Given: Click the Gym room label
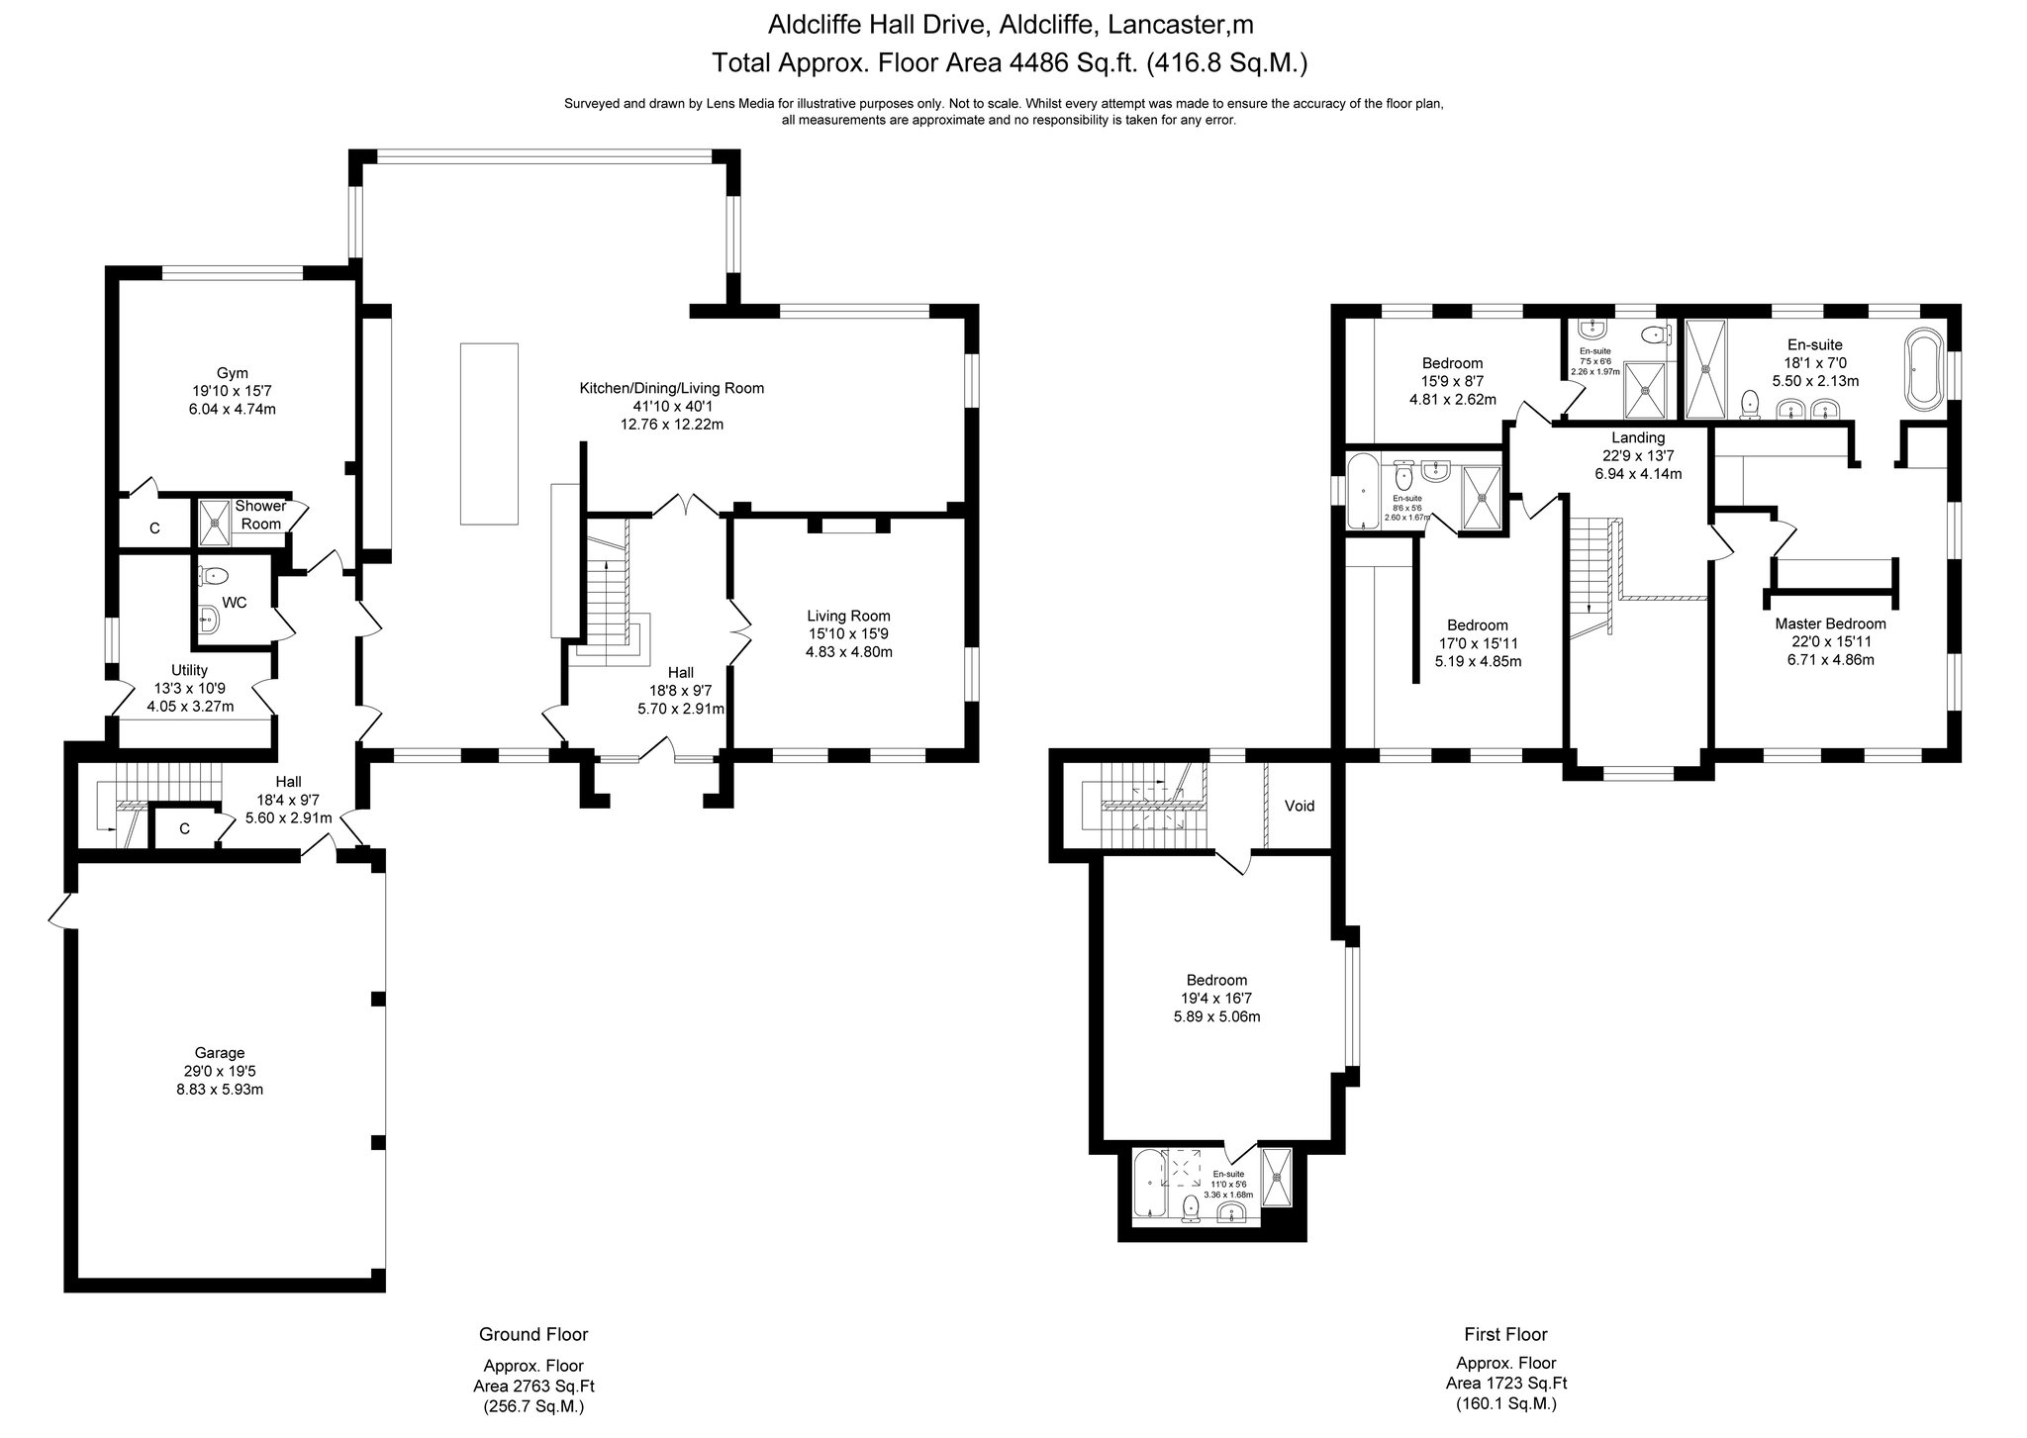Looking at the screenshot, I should click(x=232, y=373).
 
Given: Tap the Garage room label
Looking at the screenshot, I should click(x=220, y=1053).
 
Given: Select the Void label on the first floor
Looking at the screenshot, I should click(x=1299, y=806).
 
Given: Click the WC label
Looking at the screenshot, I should click(x=235, y=602).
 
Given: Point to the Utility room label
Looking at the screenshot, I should click(x=189, y=670).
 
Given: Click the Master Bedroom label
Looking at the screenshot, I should click(x=1830, y=623).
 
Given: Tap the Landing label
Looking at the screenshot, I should click(x=1638, y=437).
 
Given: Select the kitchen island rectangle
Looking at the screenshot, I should click(x=489, y=432).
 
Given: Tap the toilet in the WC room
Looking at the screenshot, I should click(x=214, y=575).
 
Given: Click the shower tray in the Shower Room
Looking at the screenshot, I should click(x=213, y=522).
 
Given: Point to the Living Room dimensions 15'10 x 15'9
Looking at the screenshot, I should click(x=848, y=633).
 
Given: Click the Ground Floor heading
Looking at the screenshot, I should click(x=533, y=1334).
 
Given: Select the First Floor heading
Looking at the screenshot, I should click(x=1505, y=1334).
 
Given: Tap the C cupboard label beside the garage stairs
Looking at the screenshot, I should click(x=184, y=829).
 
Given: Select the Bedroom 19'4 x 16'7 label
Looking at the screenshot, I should click(x=1216, y=980).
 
